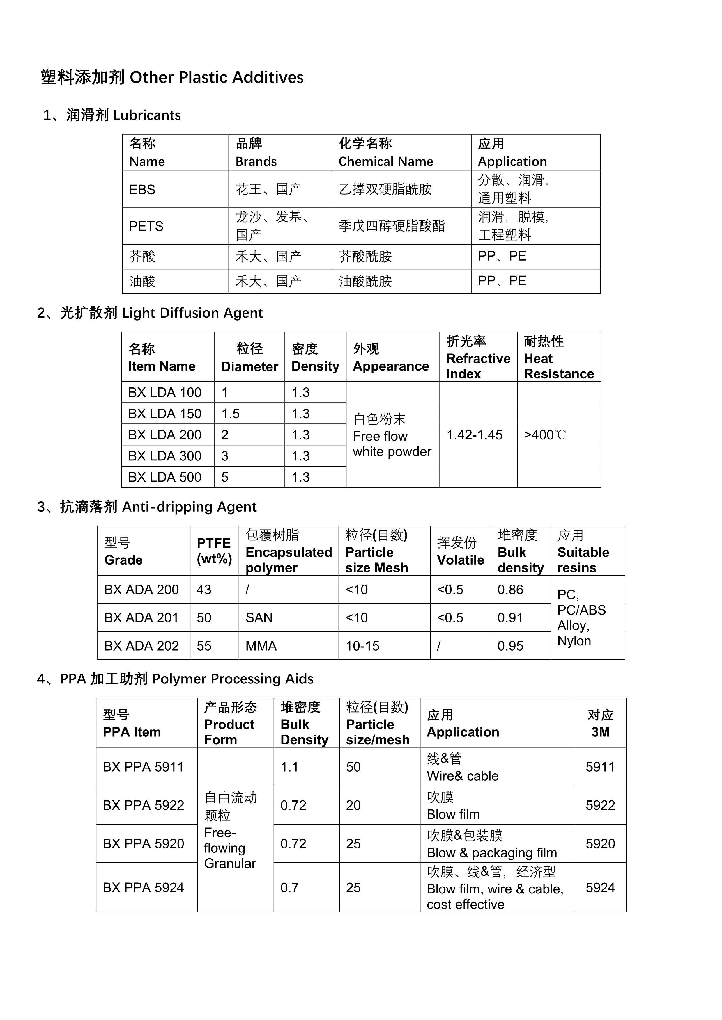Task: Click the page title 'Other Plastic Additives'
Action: tap(217, 77)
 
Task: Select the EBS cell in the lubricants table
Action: tap(142, 190)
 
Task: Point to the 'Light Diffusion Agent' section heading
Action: tap(192, 313)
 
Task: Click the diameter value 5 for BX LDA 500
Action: tap(225, 477)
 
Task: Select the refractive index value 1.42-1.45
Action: tap(474, 435)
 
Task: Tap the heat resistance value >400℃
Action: tap(545, 435)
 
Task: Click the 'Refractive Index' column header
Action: tap(478, 358)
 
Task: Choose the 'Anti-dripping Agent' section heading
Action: tap(189, 507)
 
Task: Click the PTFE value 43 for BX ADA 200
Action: tap(204, 590)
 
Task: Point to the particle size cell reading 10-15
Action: tap(362, 646)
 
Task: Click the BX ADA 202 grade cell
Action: tap(141, 646)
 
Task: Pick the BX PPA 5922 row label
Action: tap(143, 805)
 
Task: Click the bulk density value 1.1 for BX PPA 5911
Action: tap(289, 767)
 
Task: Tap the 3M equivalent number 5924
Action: tap(600, 888)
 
